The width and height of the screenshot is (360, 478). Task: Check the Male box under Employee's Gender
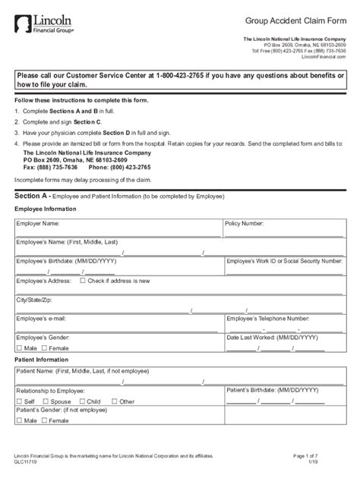tap(18, 347)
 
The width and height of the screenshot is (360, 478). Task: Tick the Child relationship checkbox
tap(82, 401)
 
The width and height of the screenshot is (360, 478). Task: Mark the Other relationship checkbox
tap(115, 401)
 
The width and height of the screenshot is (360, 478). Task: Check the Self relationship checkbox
tap(18, 401)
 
